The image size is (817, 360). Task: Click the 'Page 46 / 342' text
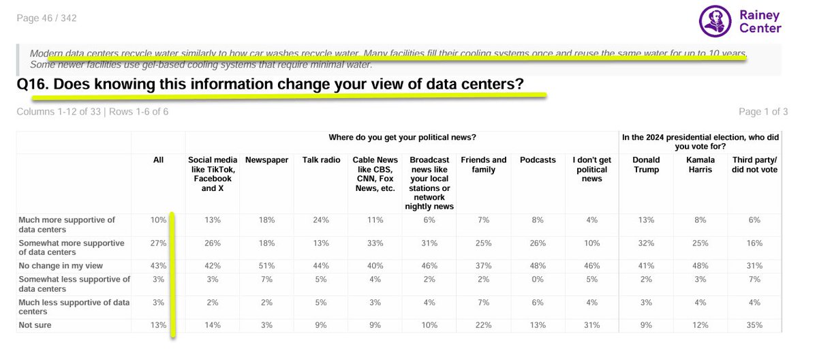47,18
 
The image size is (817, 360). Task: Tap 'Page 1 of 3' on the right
763,112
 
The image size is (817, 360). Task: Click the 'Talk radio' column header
321,160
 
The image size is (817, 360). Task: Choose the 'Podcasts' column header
538,160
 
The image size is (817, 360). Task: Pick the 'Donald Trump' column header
646,165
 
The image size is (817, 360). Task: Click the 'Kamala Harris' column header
700,165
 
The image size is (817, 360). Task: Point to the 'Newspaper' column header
267,160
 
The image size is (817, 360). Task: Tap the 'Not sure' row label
35,325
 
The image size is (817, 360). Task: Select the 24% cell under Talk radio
321,220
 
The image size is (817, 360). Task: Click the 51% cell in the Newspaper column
267,266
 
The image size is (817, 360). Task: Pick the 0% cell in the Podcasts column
538,280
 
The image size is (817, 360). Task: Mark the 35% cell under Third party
754,325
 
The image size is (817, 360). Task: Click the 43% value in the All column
158,266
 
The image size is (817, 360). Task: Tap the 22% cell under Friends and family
484,325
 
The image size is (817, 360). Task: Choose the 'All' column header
158,160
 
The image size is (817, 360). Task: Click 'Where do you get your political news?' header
402,138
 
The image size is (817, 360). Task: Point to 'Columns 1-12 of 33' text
59,112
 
